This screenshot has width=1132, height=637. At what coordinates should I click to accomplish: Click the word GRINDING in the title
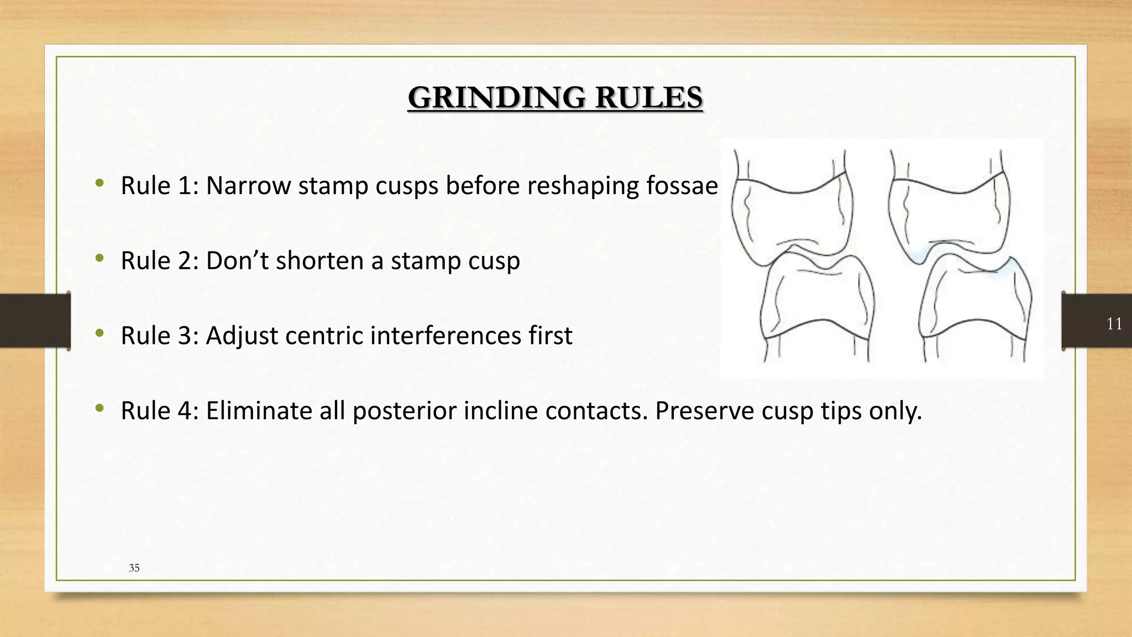497,98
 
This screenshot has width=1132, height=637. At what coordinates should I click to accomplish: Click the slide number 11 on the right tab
1114,323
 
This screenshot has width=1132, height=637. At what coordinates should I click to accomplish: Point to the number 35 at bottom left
134,568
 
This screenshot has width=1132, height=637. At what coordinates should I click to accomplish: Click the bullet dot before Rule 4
99,409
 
